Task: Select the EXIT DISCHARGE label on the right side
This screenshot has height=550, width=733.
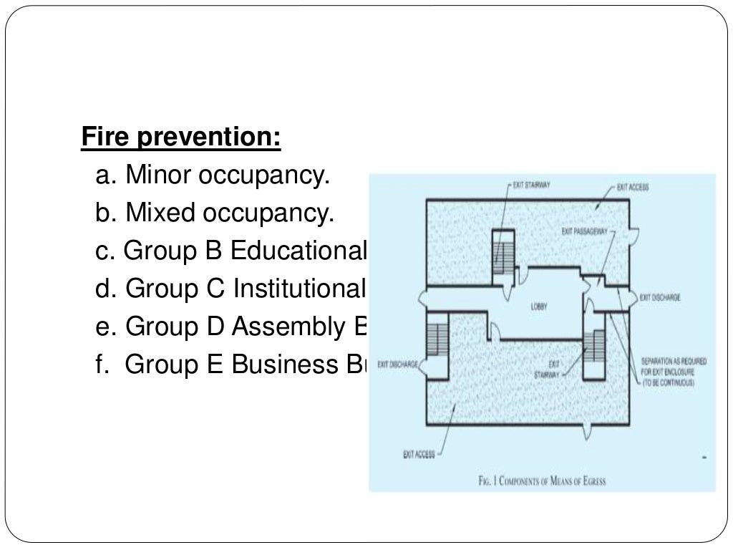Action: coord(659,296)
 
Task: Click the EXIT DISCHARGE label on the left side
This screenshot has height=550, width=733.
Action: coord(399,364)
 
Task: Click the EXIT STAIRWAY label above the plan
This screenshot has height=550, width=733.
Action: coord(530,185)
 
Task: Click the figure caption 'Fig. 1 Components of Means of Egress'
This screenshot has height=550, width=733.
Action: coord(542,481)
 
